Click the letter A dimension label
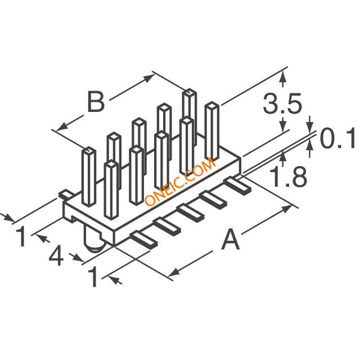tap(231, 241)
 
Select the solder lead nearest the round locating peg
tap(141, 238)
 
